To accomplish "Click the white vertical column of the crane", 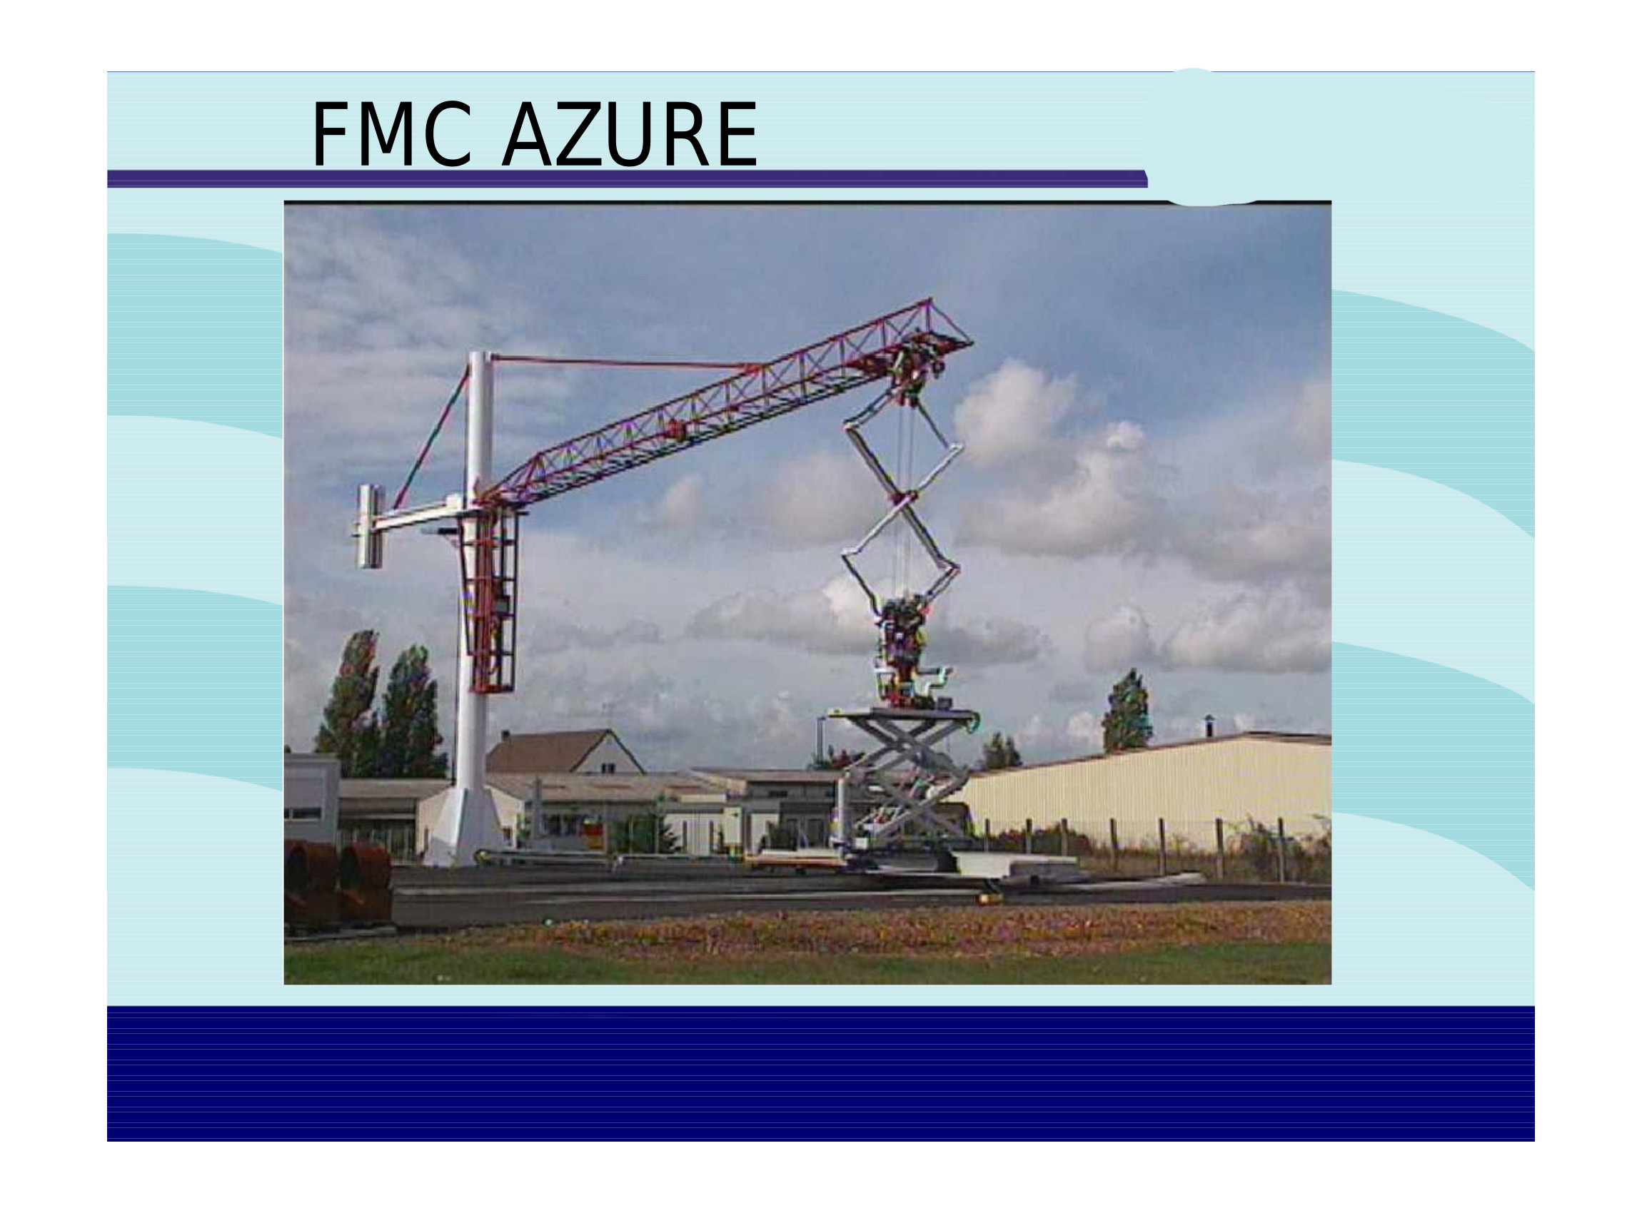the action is click(x=476, y=573).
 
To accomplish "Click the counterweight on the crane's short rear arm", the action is click(x=370, y=526).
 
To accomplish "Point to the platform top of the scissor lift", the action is click(x=904, y=714).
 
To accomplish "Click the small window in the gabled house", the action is click(x=608, y=768).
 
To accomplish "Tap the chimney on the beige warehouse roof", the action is click(x=1209, y=727).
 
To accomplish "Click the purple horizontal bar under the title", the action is click(x=628, y=178).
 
